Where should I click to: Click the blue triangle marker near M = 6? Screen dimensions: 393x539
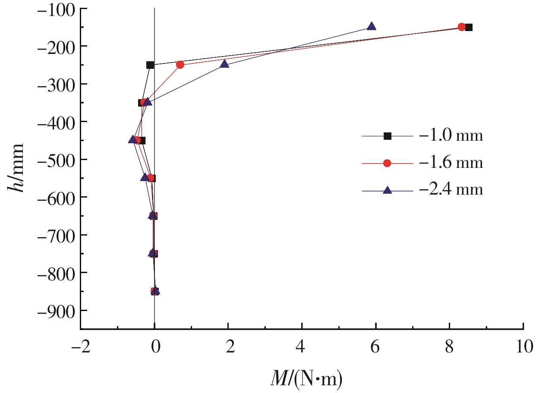pyautogui.click(x=372, y=26)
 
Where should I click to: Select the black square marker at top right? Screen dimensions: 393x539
pyautogui.click(x=469, y=27)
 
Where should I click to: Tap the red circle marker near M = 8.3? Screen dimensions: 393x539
pyautogui.click(x=461, y=27)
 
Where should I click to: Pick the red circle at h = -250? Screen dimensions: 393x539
pyautogui.click(x=180, y=65)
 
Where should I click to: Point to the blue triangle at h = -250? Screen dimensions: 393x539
pyautogui.click(x=224, y=64)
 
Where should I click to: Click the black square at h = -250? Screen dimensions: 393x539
pyautogui.click(x=150, y=65)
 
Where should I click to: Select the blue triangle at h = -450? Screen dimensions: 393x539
pyautogui.click(x=132, y=140)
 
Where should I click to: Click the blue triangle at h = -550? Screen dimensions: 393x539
pyautogui.click(x=145, y=177)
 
